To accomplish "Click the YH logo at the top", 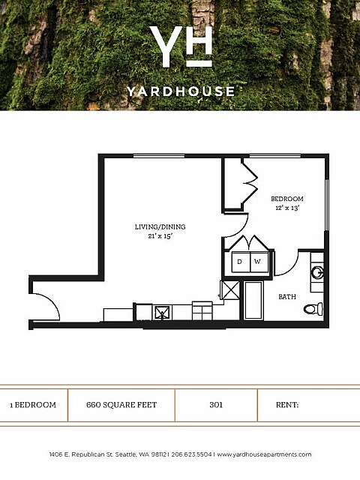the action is (x=181, y=46).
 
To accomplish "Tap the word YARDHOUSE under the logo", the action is (x=181, y=91).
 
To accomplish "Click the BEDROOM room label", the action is (x=287, y=199).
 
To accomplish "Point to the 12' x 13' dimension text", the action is (x=287, y=208).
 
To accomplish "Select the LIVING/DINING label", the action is (x=160, y=226).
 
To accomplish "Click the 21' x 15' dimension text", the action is (x=160, y=236).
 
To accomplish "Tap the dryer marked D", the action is (x=241, y=262).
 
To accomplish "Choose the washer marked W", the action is (x=259, y=262).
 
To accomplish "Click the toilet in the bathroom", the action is (x=313, y=308).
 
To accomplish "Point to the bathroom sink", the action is (x=317, y=272).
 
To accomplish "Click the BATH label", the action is (x=287, y=297).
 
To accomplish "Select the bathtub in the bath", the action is (x=253, y=301).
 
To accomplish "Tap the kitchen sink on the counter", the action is (x=162, y=313).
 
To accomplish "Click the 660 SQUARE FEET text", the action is (x=121, y=405).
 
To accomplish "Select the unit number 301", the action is (x=216, y=405).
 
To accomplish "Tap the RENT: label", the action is (x=287, y=405).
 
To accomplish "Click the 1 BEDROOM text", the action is (x=33, y=405).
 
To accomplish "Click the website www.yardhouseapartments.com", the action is (x=264, y=454).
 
